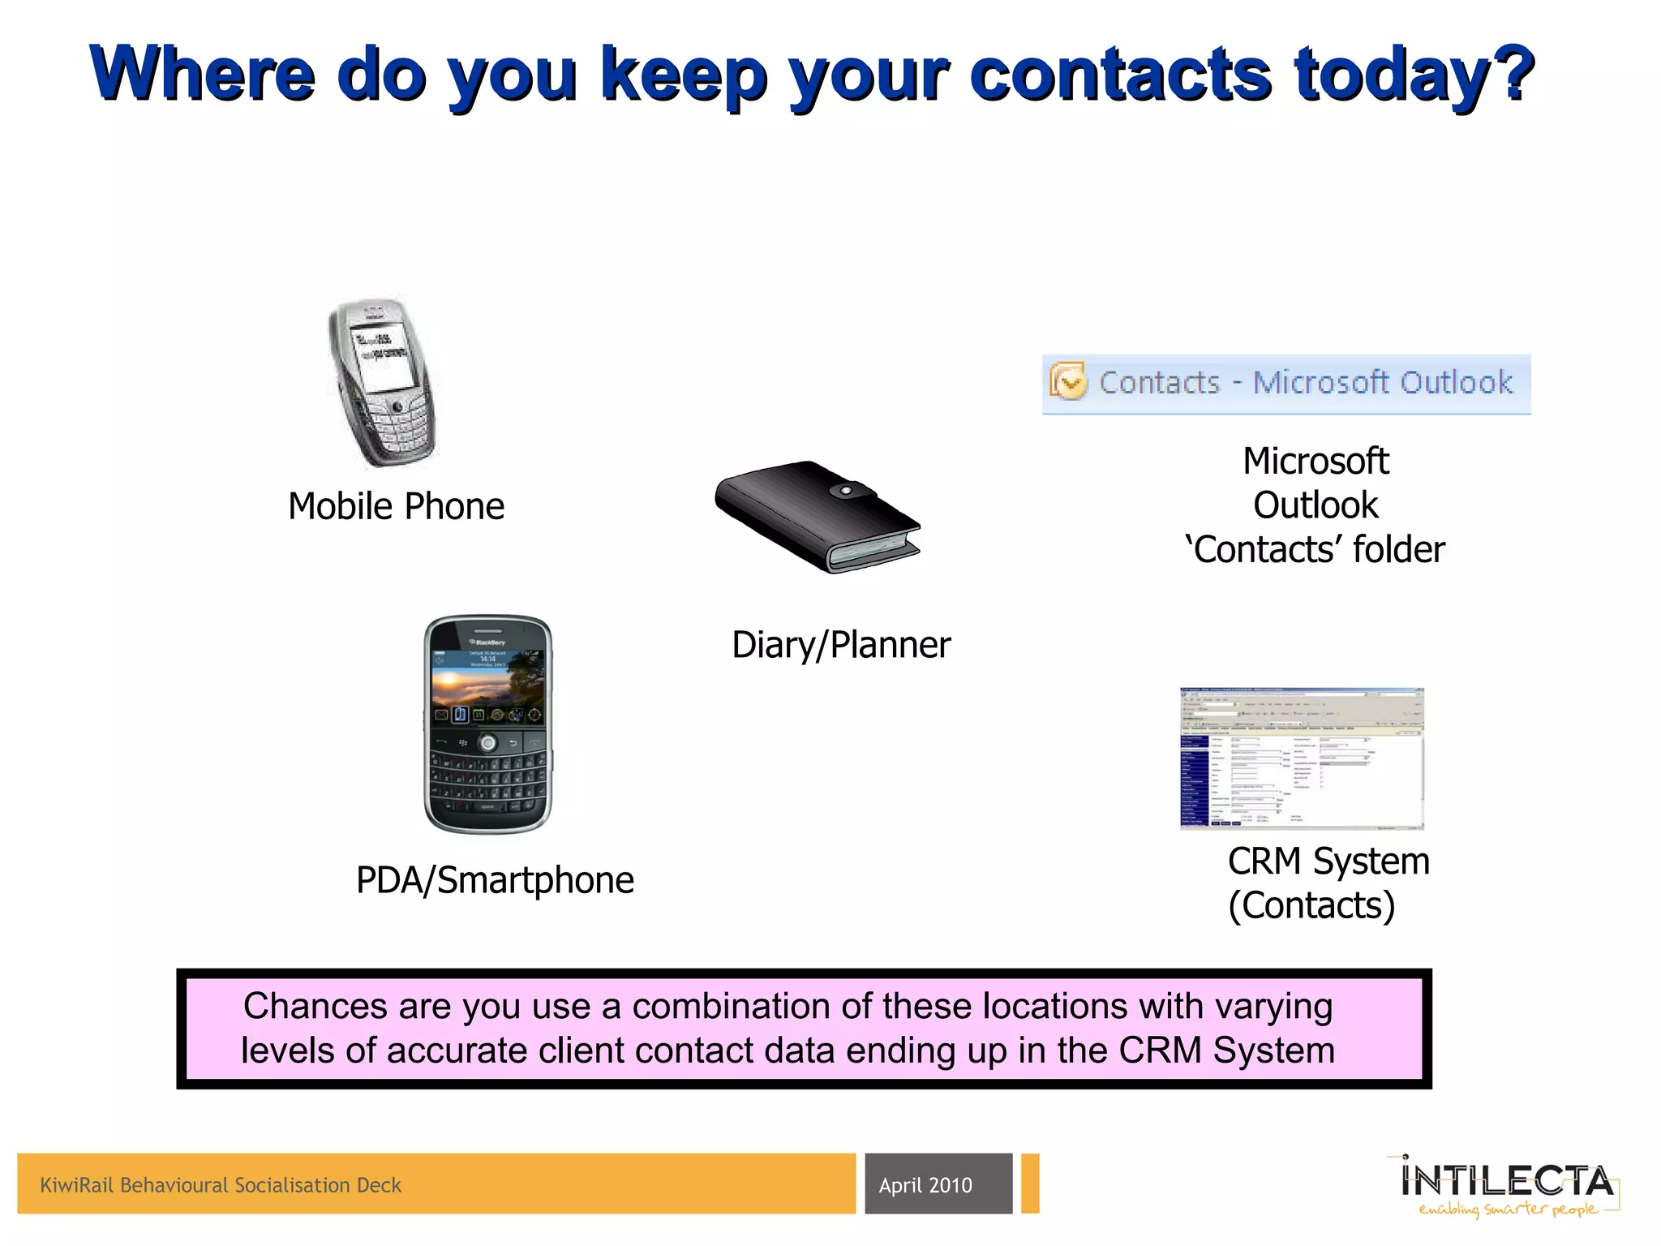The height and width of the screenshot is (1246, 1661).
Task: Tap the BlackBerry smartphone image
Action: tap(487, 724)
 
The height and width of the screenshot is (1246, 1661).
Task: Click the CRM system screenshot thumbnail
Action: tap(1302, 758)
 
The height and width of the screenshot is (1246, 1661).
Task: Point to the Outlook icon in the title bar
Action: tap(1068, 381)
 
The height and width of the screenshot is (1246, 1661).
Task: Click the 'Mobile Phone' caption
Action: tap(396, 506)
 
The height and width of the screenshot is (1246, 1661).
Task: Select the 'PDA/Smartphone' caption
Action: tap(495, 880)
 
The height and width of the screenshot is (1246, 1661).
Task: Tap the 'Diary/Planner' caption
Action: tap(841, 645)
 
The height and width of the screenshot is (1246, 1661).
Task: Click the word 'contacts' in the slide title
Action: tap(1120, 75)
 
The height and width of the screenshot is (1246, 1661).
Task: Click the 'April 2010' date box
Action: tap(938, 1184)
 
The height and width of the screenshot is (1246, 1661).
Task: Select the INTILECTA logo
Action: tap(1507, 1180)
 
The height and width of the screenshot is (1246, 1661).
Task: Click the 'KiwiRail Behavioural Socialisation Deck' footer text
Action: tap(221, 1185)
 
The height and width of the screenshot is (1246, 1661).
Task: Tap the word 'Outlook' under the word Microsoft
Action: tap(1315, 505)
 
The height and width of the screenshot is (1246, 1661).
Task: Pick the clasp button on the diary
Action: tap(846, 491)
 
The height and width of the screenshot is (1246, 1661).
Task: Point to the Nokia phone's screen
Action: tap(381, 358)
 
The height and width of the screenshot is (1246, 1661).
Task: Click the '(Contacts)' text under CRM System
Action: tap(1311, 905)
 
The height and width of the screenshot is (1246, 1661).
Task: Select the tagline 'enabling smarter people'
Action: tap(1507, 1209)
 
